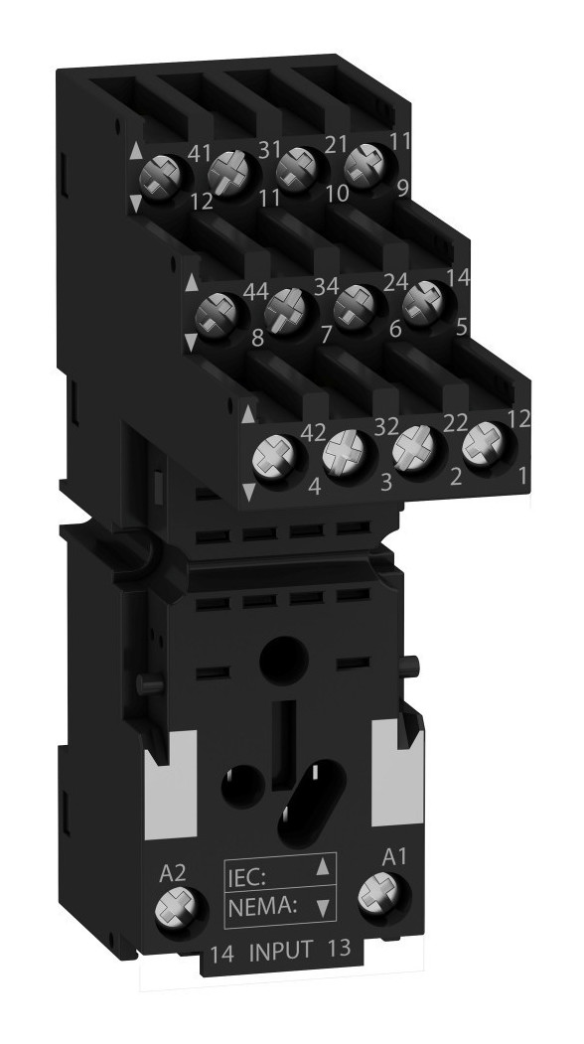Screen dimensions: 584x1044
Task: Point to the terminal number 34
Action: point(326,287)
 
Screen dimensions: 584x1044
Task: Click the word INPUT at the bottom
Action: point(280,951)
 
